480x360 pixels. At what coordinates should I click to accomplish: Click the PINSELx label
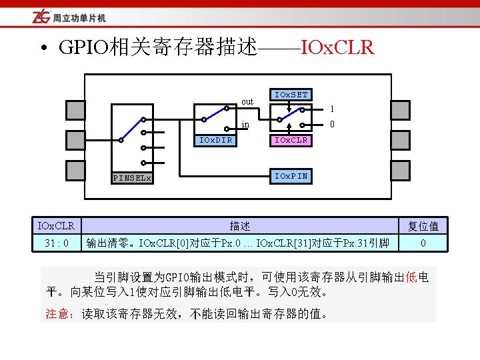pos(132,178)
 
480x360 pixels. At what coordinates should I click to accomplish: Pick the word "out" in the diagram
pos(247,102)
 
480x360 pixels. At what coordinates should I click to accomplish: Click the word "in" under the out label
pos(245,124)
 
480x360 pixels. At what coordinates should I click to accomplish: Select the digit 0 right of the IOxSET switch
pos(332,124)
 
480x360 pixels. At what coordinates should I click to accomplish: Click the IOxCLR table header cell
pos(56,225)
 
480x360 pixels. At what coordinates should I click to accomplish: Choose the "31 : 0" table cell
pos(56,243)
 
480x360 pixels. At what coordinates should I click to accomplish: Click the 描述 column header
pos(240,226)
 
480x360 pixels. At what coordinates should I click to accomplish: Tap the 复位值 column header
pos(423,226)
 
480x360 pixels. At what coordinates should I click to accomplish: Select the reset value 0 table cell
pos(423,243)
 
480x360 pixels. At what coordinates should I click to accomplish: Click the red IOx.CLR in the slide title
pos(337,48)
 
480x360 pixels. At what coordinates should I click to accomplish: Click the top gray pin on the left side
pos(75,109)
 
